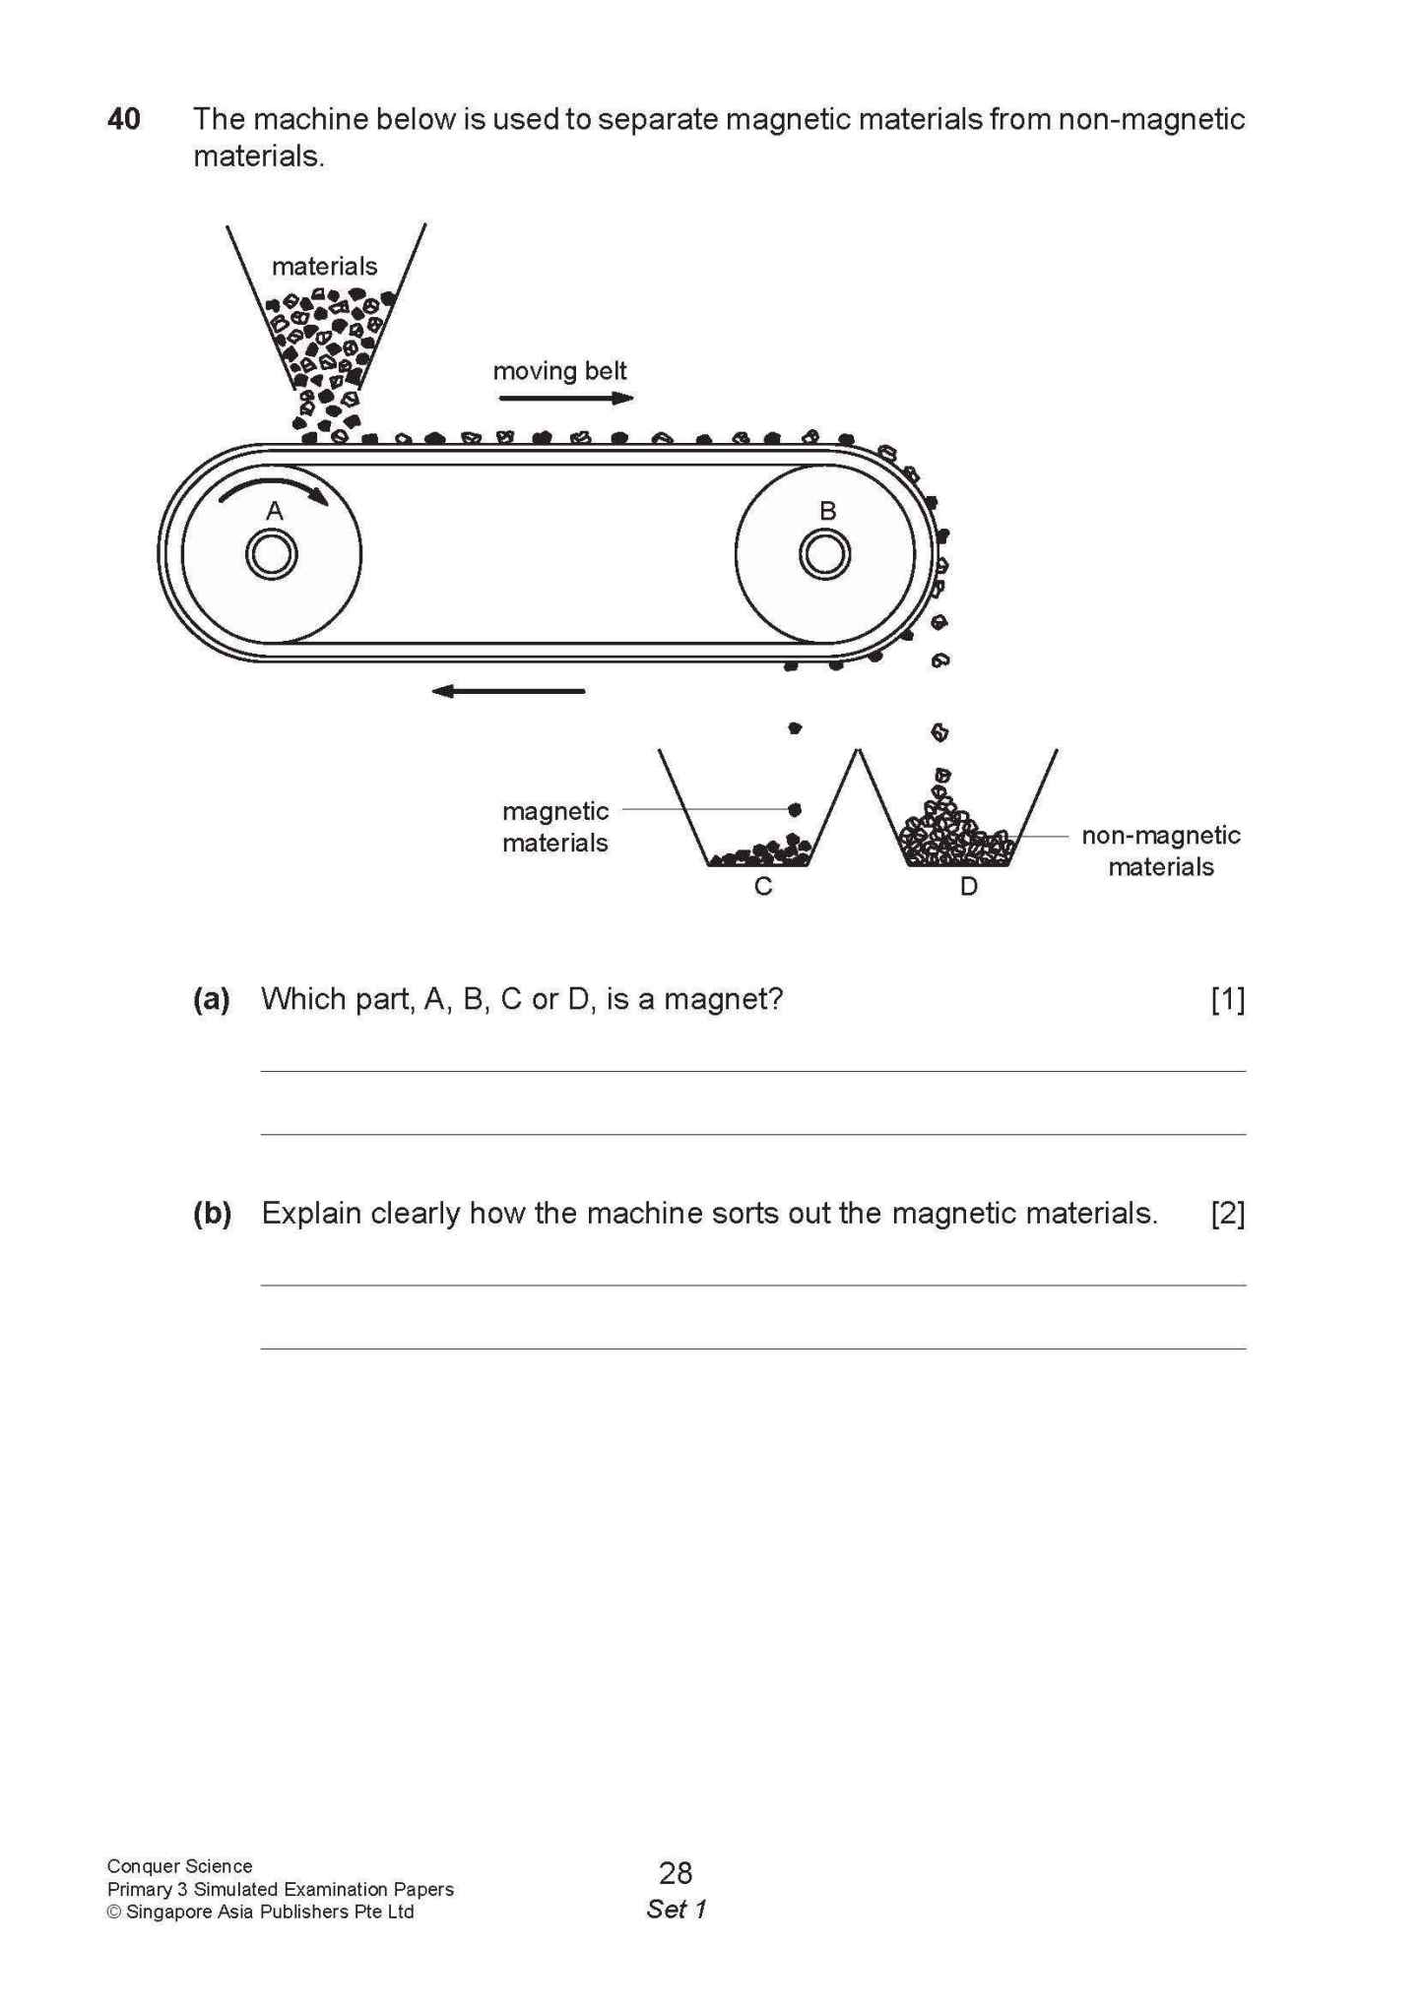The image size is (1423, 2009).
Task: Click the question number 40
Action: (x=124, y=119)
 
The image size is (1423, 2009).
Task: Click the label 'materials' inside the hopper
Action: (x=324, y=267)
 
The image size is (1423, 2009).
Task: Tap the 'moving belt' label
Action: (x=559, y=371)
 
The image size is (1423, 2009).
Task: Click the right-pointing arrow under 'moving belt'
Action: (x=565, y=399)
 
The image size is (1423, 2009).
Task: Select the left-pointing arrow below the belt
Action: (x=508, y=691)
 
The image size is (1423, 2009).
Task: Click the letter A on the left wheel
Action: (x=275, y=511)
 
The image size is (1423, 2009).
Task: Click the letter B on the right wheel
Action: (x=827, y=511)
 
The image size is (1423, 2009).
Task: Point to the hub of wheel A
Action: (x=272, y=555)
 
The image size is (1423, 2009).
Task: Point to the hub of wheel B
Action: (x=824, y=555)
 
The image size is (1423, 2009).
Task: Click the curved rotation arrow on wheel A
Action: (x=273, y=488)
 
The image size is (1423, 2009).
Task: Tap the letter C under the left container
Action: (x=762, y=887)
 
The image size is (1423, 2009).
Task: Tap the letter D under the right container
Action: (x=968, y=887)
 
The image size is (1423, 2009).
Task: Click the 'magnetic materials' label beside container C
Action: (x=555, y=827)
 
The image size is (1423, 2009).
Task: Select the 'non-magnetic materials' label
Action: (x=1160, y=850)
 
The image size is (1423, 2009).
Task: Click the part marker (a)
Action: (x=211, y=999)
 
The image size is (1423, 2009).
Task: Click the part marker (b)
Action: (x=212, y=1213)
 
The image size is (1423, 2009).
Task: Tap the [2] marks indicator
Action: (x=1227, y=1213)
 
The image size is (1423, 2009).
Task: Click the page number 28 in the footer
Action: (x=676, y=1872)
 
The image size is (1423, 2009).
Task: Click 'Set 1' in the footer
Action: (x=676, y=1909)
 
